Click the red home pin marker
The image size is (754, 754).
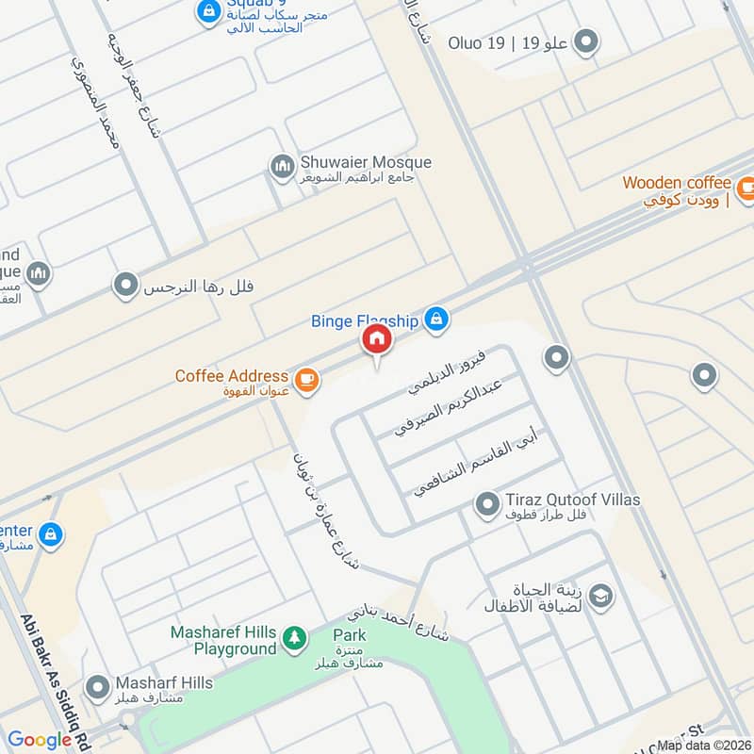point(376,340)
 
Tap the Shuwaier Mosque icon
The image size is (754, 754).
point(282,168)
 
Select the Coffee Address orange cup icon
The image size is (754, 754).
point(305,380)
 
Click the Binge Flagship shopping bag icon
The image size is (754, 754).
point(434,320)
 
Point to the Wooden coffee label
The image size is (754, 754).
point(677,183)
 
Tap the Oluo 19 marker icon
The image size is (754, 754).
point(587,41)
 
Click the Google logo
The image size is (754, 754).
point(40,740)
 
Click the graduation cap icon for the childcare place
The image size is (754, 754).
point(599,596)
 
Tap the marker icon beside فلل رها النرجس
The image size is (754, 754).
point(125,285)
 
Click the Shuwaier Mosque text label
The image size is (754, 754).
point(366,162)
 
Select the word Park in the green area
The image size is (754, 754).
point(349,634)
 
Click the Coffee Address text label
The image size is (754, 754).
point(232,376)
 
